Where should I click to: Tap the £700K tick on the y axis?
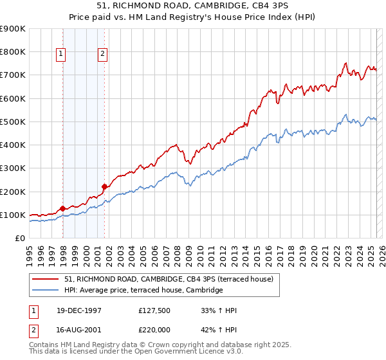point(13,75)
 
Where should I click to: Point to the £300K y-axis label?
point(13,168)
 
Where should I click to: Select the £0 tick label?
point(20,239)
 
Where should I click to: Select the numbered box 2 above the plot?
point(103,55)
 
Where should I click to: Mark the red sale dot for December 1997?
point(63,208)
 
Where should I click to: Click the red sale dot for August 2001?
point(104,187)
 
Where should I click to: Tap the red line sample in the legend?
point(46,279)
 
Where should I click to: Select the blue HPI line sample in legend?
point(46,291)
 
